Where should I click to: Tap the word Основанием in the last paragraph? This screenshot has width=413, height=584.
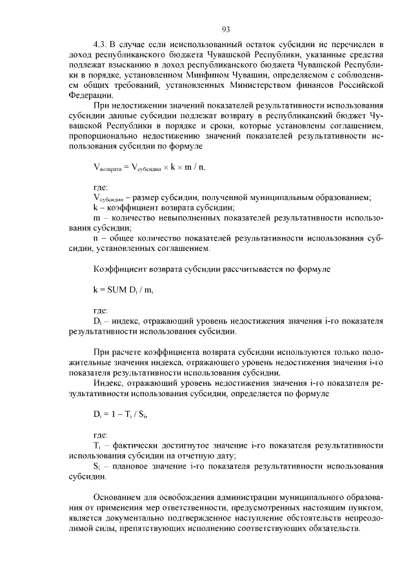point(120,499)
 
